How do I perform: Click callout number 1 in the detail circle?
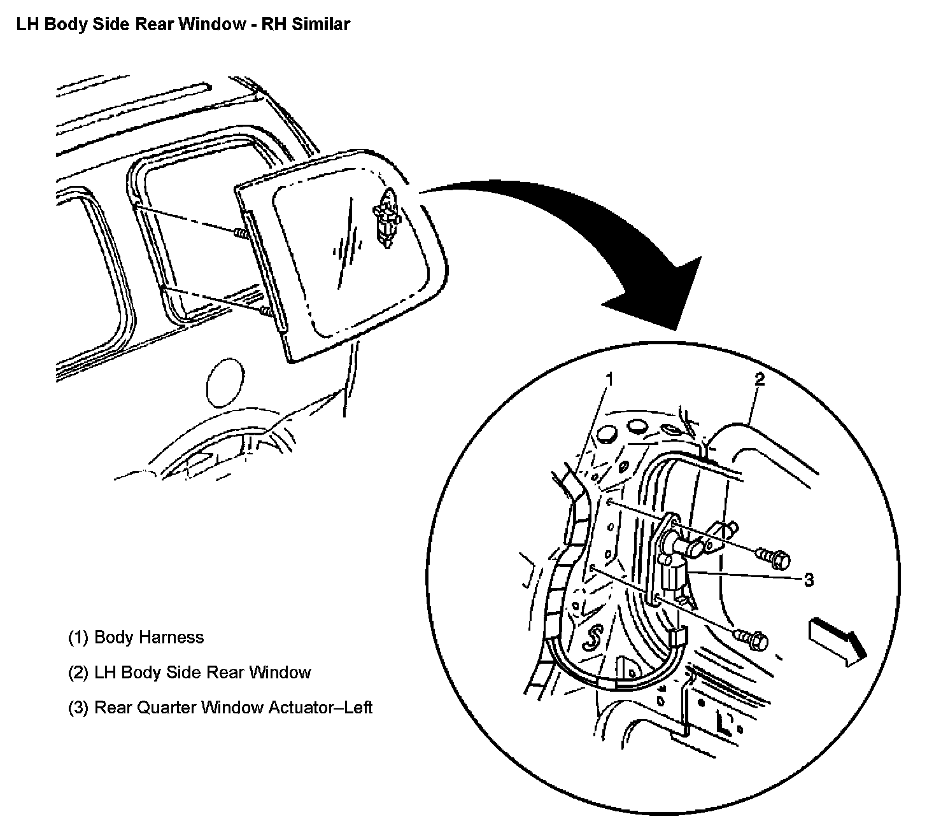coord(609,379)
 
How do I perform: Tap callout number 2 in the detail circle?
coord(759,379)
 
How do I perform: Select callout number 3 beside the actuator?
coord(808,580)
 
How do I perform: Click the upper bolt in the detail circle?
coord(774,559)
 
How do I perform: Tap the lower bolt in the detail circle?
coord(753,639)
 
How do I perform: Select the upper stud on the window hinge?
coord(241,234)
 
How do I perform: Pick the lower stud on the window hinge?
coord(264,311)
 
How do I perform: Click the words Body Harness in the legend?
coord(149,638)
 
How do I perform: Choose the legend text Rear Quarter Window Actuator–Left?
coord(233,708)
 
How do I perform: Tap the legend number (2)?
coord(78,673)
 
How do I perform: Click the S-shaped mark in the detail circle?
coord(595,639)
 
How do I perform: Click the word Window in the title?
coord(214,24)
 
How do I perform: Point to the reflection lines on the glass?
coord(347,239)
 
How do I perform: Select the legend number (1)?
coord(78,638)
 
